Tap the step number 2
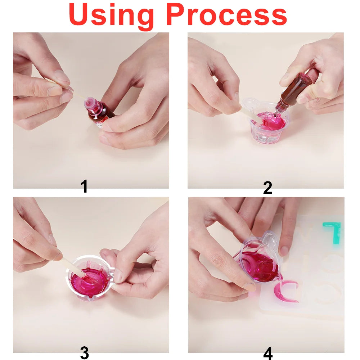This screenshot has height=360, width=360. (x=267, y=188)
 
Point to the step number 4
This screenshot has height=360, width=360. (x=268, y=353)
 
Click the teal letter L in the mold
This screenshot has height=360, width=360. (x=333, y=232)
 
